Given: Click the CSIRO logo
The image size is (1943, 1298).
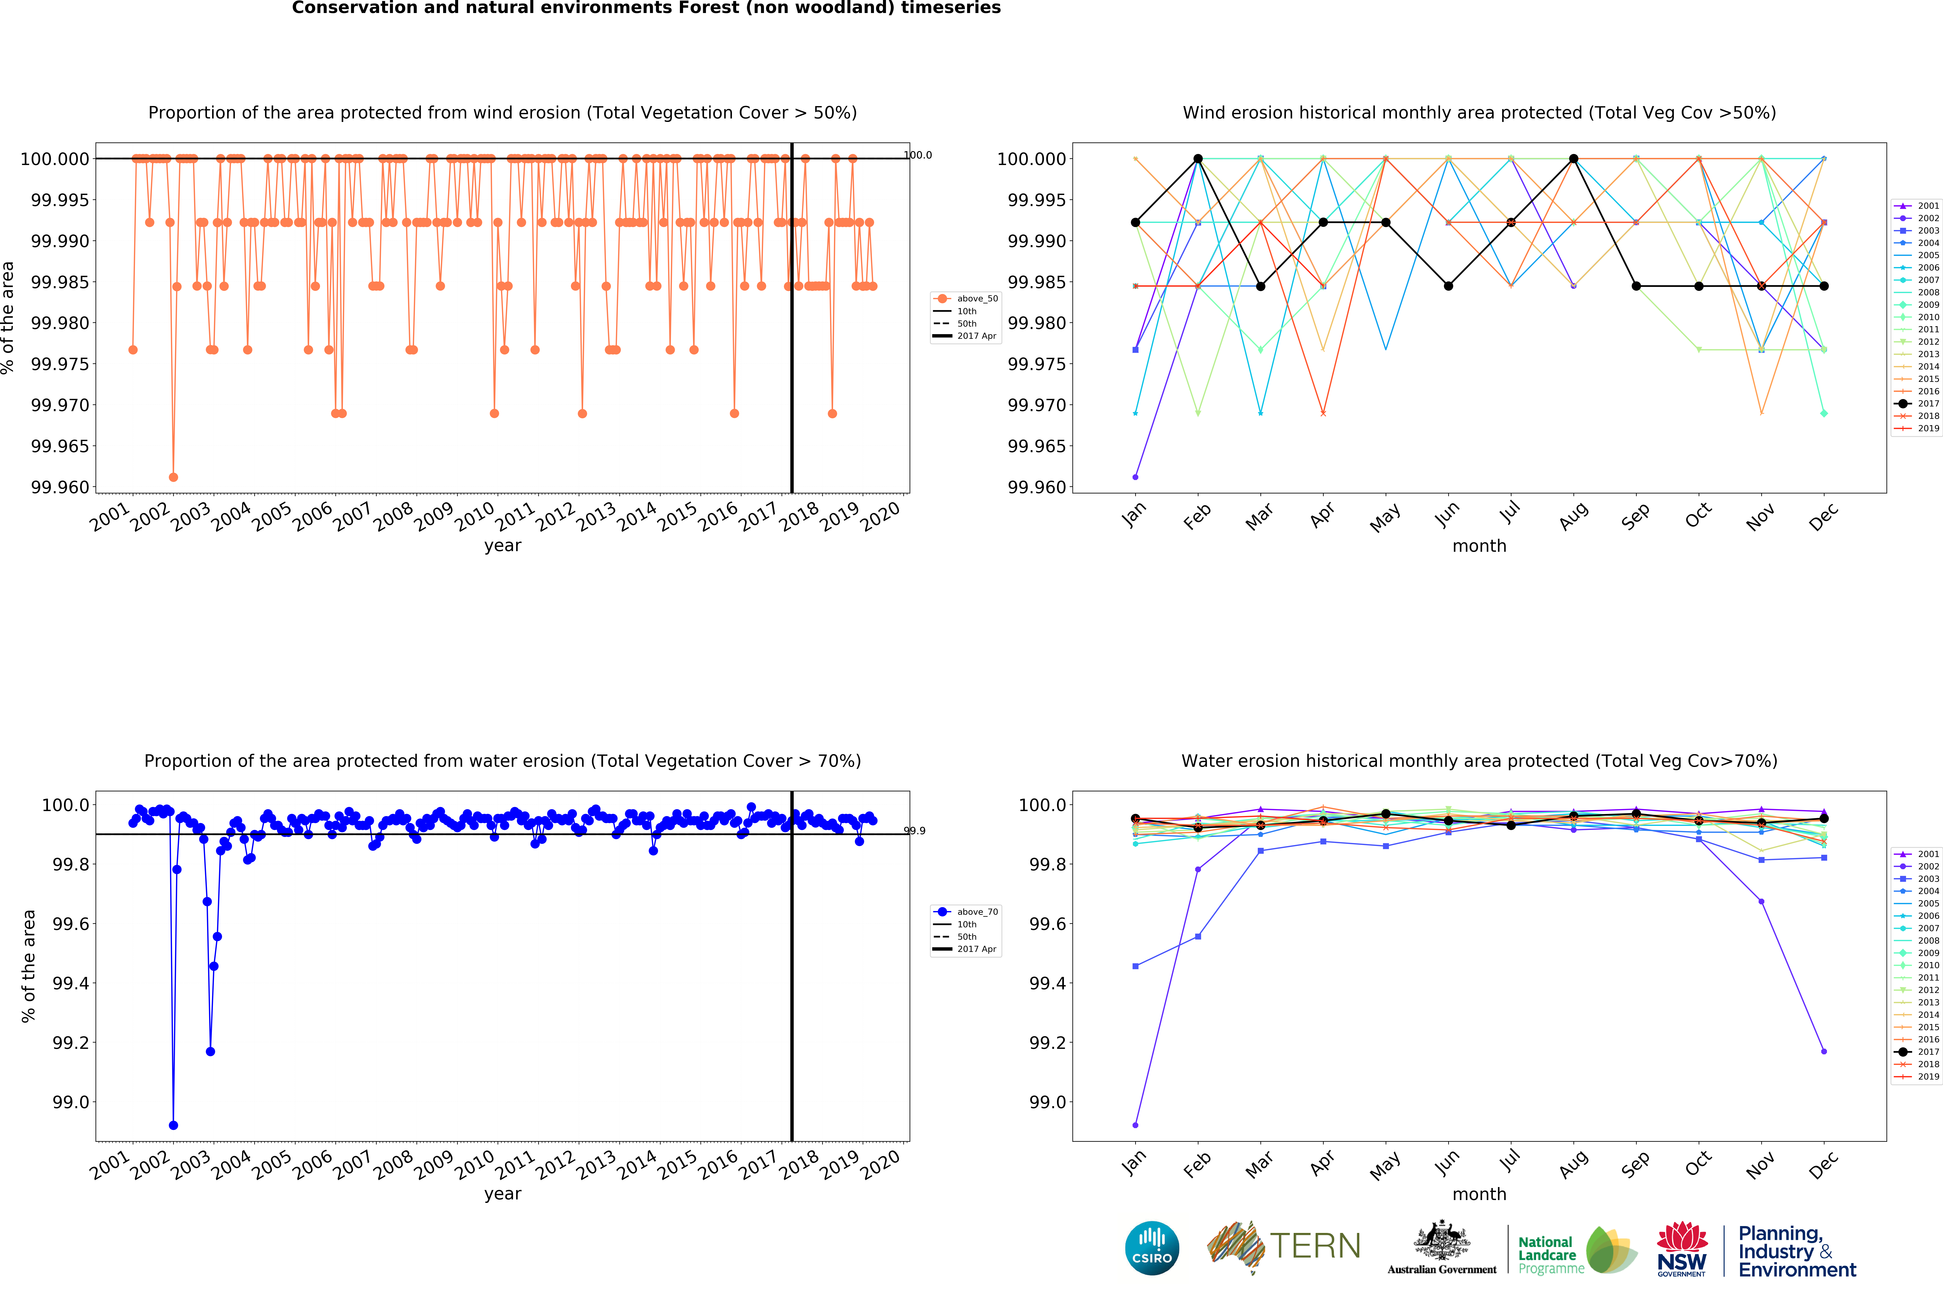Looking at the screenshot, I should [1151, 1248].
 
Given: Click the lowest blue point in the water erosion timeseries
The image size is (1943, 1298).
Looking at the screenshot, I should [173, 1125].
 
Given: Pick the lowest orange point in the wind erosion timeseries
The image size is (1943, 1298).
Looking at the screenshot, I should [173, 477].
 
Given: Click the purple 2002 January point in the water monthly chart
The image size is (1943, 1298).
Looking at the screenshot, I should [1135, 1125].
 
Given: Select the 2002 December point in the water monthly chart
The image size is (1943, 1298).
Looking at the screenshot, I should [1824, 1051].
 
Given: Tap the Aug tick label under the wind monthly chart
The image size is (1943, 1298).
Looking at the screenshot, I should [1573, 515].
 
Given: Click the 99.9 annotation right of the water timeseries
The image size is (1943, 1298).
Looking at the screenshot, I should [915, 830].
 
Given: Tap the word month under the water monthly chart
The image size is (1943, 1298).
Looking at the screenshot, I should [1479, 1194].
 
